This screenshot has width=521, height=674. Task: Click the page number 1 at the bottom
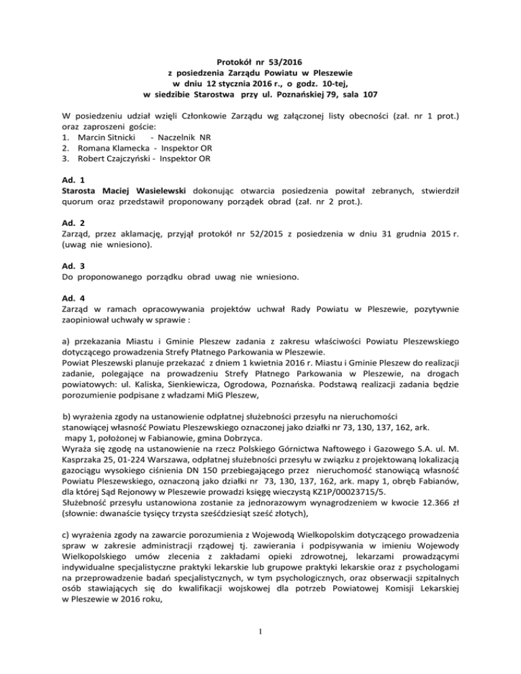pyautogui.click(x=260, y=649)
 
